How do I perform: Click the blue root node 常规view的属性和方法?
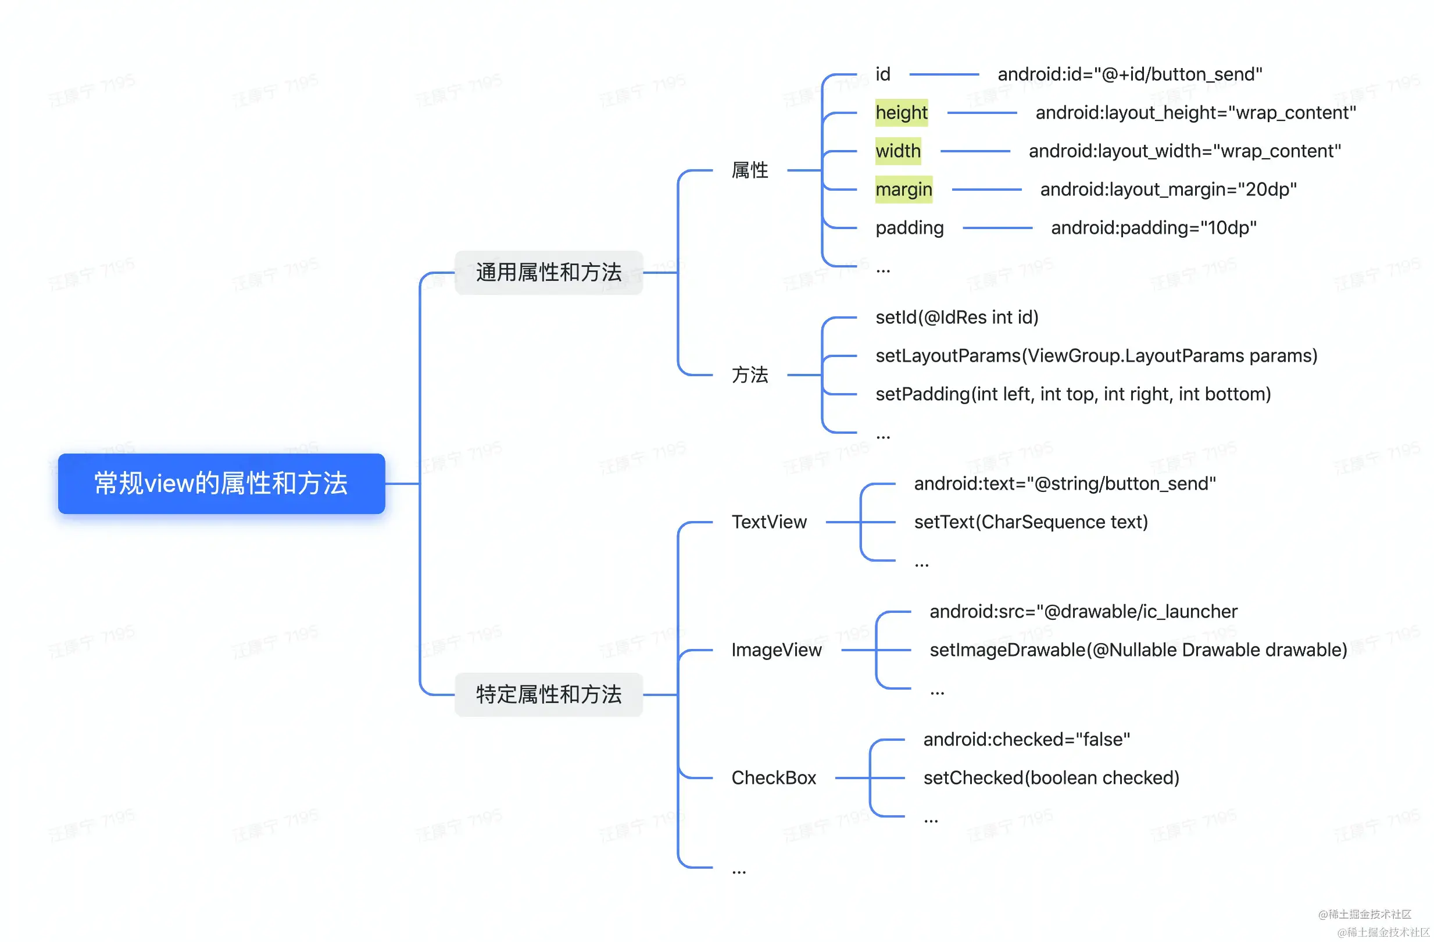tap(221, 483)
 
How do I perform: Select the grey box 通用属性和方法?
tap(548, 272)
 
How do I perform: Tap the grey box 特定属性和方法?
tap(548, 694)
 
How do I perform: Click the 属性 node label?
tap(749, 170)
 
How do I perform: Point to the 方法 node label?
tap(749, 375)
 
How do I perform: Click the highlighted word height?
tap(902, 113)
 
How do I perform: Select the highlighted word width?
tap(897, 151)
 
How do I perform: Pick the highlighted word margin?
tap(903, 189)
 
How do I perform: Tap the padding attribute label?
tap(909, 228)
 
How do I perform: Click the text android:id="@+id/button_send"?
tap(1130, 74)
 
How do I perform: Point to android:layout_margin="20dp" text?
tap(1168, 189)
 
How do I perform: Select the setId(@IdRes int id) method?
tap(957, 317)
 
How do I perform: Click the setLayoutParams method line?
tap(1096, 356)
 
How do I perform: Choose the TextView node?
tap(769, 522)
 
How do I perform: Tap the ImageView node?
tap(776, 650)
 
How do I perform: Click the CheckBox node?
tap(774, 777)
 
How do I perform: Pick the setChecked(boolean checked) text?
tap(1051, 777)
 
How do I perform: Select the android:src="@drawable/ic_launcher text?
tap(1083, 612)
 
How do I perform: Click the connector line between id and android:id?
tap(943, 74)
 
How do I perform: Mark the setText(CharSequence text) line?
tap(1031, 522)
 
